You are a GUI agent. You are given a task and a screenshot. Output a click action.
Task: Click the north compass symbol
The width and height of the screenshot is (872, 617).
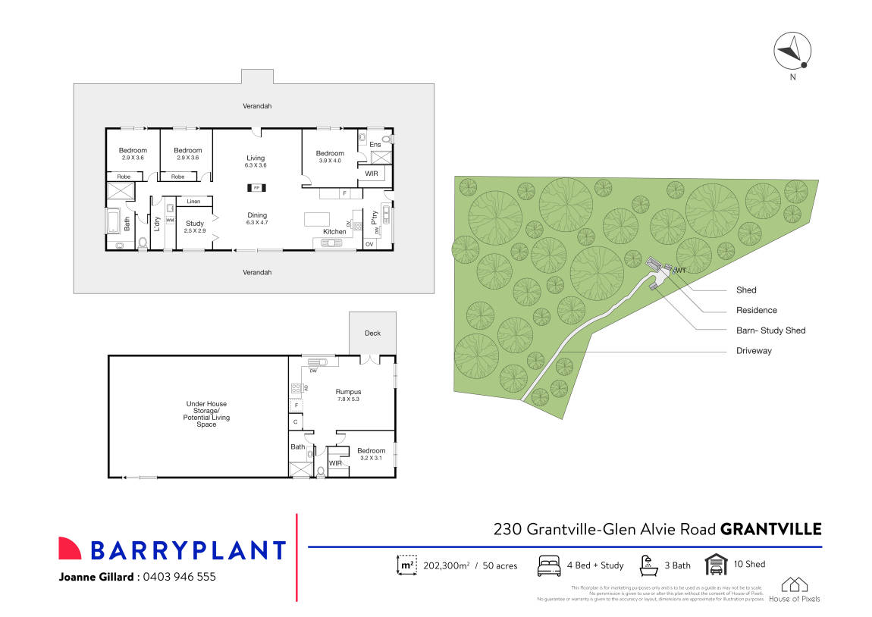[x=792, y=52]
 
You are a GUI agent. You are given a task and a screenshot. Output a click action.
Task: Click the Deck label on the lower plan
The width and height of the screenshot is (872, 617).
[x=372, y=333]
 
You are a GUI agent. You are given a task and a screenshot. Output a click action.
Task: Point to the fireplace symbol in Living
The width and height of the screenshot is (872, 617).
[x=256, y=187]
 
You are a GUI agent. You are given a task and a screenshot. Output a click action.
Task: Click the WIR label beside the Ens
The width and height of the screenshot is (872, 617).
[x=372, y=174]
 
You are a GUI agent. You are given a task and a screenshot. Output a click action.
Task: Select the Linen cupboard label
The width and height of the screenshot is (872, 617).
[x=193, y=202]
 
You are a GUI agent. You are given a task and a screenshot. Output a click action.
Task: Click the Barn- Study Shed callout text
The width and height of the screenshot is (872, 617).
[x=770, y=330]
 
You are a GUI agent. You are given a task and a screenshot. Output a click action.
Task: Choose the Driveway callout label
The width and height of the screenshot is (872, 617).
[x=753, y=351]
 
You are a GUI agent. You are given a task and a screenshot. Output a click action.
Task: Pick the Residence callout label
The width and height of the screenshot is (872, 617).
[x=756, y=310]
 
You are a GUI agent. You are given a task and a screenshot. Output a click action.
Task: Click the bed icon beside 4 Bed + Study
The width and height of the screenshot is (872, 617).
[x=549, y=565]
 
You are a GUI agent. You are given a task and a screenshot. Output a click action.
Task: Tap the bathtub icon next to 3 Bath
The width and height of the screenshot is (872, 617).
[x=648, y=565]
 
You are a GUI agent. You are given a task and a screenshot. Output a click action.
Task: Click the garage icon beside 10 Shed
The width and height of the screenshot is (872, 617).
[x=716, y=565]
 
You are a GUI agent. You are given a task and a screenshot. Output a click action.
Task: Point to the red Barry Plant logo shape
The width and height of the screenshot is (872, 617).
[x=70, y=548]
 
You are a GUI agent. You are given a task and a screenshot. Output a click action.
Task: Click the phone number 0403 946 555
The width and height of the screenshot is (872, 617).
[x=178, y=577]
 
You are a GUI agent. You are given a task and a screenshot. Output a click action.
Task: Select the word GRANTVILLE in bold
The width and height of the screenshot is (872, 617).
[x=770, y=529]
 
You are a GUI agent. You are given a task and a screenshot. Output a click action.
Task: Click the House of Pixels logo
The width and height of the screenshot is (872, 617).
[x=794, y=590]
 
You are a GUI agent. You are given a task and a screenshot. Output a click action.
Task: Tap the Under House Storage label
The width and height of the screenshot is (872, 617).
[x=206, y=414]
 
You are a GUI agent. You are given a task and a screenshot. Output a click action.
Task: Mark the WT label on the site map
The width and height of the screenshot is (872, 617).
[x=680, y=270]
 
